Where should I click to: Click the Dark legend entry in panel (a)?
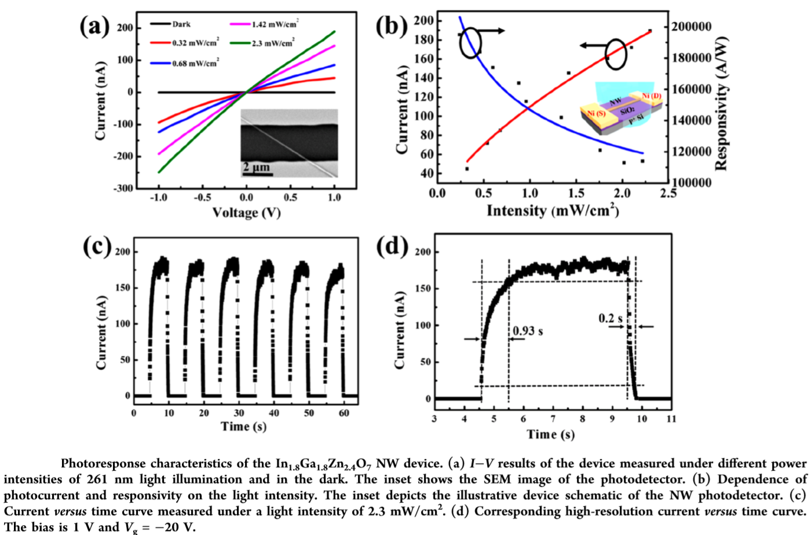(181, 24)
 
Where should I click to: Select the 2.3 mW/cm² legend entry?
(273, 43)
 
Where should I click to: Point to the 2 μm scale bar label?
(256, 168)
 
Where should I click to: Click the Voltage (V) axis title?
(246, 213)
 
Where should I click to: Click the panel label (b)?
(392, 26)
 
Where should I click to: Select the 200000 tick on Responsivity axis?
(692, 27)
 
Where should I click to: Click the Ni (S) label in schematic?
(596, 113)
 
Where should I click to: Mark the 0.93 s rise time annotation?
(528, 331)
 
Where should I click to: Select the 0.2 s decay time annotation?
(610, 318)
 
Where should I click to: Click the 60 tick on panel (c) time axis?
(344, 413)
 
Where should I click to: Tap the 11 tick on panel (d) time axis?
(671, 418)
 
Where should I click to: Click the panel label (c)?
(97, 246)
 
